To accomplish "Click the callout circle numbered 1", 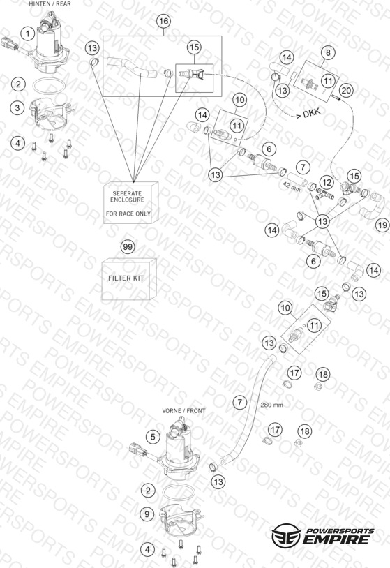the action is point(27,34).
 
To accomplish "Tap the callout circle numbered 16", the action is point(164,21).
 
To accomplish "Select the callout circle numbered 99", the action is point(128,247).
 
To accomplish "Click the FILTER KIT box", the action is point(129,279).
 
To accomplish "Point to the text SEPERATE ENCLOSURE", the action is point(127,197).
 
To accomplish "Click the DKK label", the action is point(312,112).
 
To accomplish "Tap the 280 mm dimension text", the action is point(271,405).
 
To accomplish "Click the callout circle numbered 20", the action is point(346,90).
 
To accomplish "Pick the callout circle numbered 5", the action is point(153,437).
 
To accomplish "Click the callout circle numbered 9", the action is point(147,514).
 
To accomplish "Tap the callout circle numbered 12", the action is point(327,182).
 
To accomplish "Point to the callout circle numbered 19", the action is point(382,225).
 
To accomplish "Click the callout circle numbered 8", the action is point(328,52).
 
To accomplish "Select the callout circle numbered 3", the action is point(17,107).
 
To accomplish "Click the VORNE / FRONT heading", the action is point(183,411).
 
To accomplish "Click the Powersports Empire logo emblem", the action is point(286,535).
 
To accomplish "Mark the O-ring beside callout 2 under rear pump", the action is point(49,87).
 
